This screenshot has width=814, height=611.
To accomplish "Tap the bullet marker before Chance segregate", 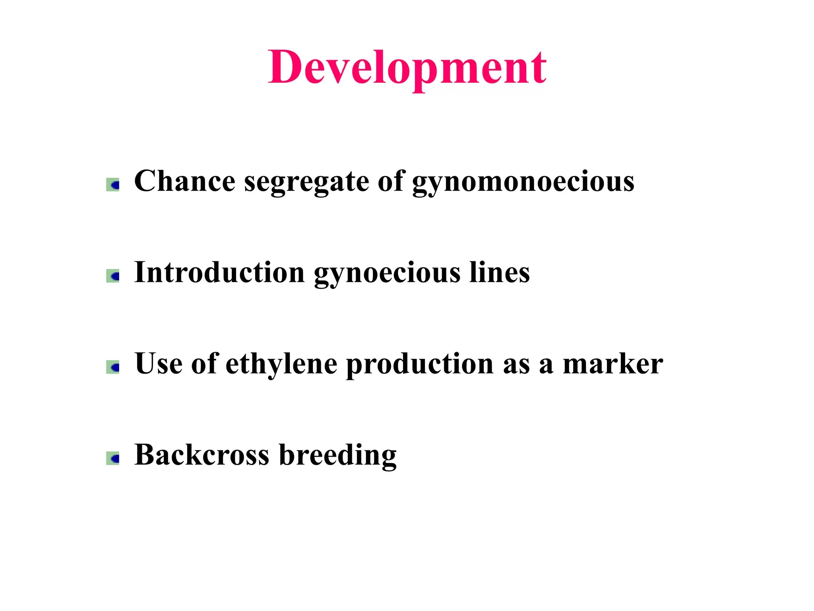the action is tap(113, 185).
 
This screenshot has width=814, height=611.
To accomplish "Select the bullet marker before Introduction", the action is tap(113, 276).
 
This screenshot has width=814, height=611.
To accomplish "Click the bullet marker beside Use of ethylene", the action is tap(113, 367).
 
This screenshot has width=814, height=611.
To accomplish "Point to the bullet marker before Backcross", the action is tap(113, 458).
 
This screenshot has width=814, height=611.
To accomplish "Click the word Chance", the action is tap(185, 181).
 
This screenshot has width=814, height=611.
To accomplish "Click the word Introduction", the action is tap(219, 272).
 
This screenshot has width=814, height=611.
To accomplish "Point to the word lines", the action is tap(500, 272).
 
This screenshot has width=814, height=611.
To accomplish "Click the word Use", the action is tap(158, 364).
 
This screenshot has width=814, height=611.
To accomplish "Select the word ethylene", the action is tap(281, 365).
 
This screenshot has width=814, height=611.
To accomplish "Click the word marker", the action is tap(613, 364).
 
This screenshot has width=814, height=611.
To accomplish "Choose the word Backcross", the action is tap(202, 455).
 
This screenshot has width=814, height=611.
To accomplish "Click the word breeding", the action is tap(338, 456).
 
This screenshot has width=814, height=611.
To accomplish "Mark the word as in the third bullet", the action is tap(516, 367).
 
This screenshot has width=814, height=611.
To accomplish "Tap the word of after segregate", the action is tap(391, 181).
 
